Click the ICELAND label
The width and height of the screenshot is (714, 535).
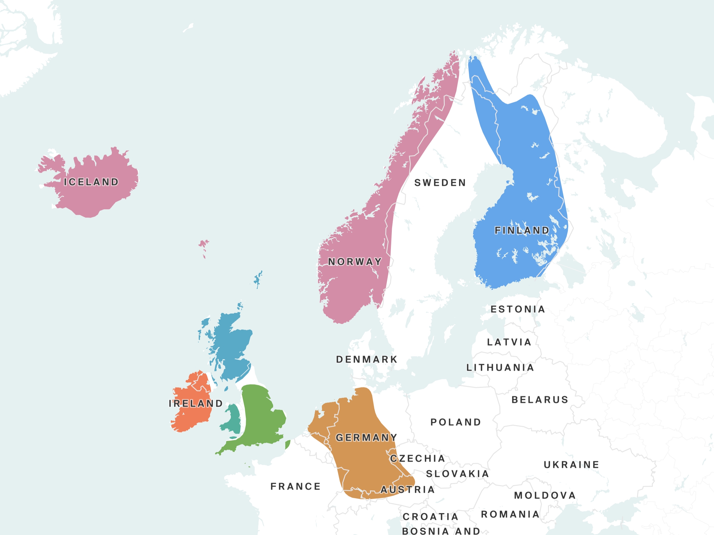91,182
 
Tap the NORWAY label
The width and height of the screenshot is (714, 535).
355,262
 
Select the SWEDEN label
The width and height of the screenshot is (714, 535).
440,183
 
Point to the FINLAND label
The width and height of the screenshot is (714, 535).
522,230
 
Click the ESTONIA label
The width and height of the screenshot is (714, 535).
518,309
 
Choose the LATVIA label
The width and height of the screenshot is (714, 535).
509,342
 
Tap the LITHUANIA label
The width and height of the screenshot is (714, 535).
500,368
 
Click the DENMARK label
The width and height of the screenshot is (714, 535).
367,359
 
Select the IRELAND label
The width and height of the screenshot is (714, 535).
196,403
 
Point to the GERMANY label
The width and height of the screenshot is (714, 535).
366,438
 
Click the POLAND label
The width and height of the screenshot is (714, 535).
456,422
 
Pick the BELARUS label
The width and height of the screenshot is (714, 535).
540,400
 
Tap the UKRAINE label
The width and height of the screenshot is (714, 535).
571,465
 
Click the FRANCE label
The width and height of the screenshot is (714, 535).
295,486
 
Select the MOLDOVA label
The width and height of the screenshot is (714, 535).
545,495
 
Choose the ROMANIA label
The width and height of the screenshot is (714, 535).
510,514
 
